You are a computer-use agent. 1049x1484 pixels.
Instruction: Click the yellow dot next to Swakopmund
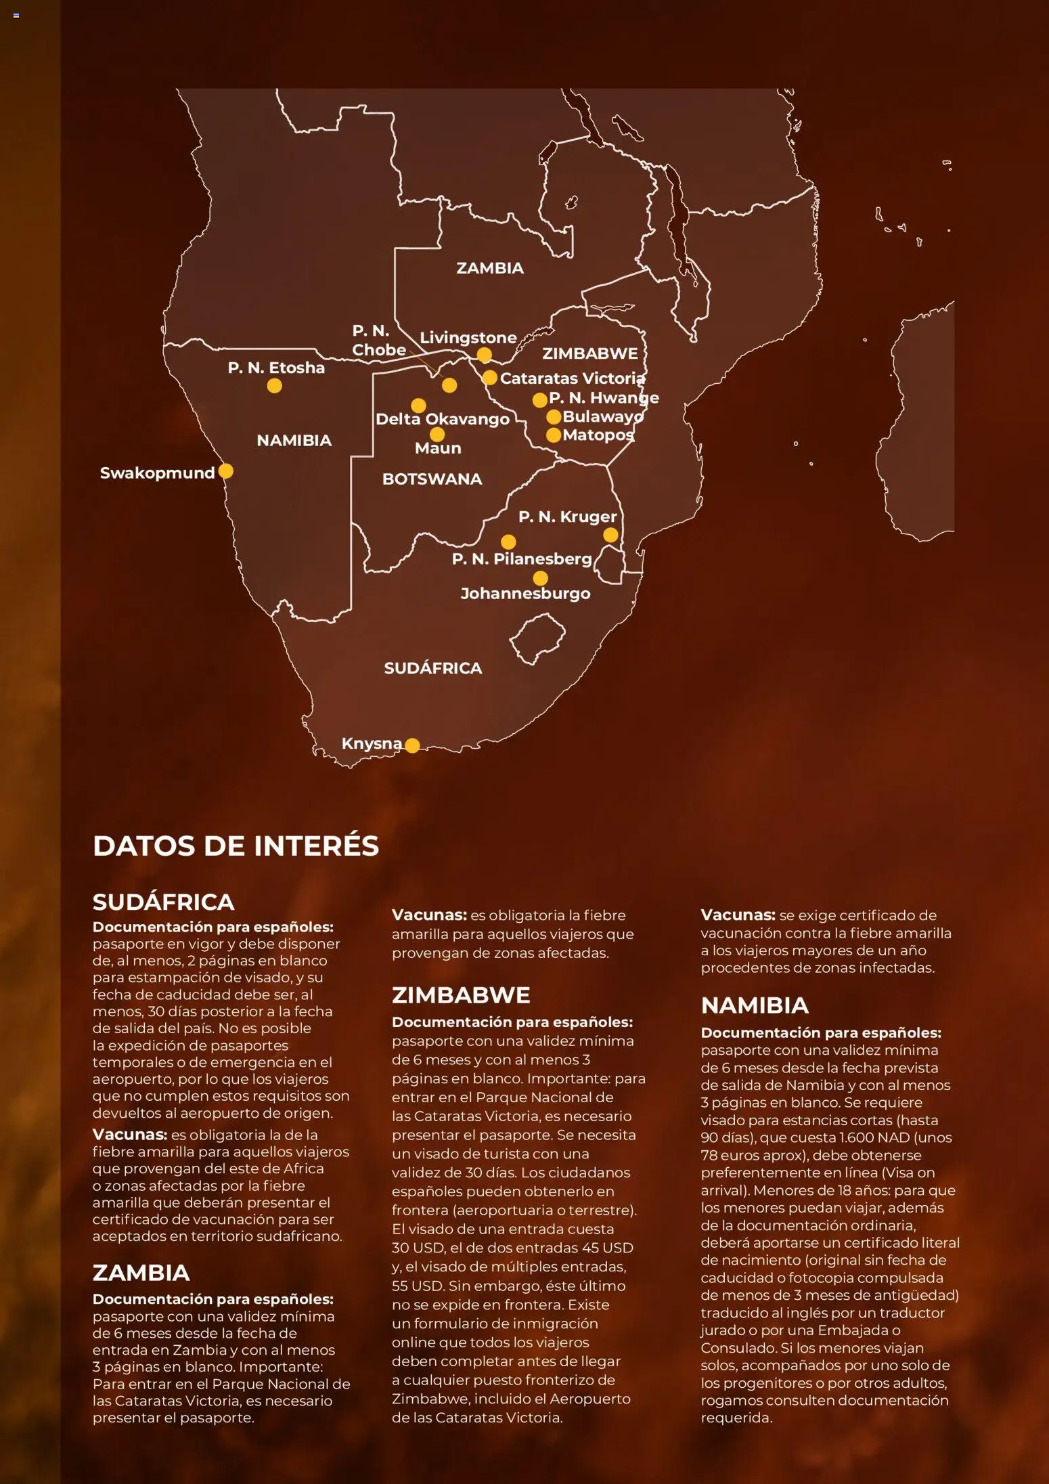point(226,471)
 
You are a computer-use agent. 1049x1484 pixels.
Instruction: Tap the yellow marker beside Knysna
point(412,745)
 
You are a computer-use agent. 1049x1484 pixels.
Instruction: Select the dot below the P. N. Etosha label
point(274,386)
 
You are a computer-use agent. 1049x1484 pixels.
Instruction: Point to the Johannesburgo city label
point(525,594)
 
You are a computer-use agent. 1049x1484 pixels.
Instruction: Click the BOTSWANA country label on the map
point(432,479)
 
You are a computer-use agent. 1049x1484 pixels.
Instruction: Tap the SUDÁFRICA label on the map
point(433,668)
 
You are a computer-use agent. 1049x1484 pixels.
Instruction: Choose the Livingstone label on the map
point(468,337)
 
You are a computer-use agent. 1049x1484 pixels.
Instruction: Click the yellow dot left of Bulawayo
point(554,417)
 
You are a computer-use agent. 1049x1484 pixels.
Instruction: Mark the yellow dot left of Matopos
point(554,435)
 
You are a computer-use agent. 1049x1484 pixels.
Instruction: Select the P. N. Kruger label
point(567,517)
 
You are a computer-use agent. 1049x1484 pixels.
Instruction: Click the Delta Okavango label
point(443,419)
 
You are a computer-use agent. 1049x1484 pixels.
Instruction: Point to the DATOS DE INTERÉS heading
point(236,846)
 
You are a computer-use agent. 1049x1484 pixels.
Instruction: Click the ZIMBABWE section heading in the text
point(461,995)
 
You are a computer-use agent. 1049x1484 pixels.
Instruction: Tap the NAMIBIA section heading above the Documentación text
point(755,1005)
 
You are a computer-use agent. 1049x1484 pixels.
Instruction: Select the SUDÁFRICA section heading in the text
point(163,902)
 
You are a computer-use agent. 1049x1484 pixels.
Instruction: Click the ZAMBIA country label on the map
point(490,268)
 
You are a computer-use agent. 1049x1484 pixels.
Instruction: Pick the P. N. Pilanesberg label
point(522,559)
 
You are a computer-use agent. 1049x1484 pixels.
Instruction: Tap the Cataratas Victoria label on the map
point(573,378)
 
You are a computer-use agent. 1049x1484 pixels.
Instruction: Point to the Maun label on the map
point(438,448)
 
